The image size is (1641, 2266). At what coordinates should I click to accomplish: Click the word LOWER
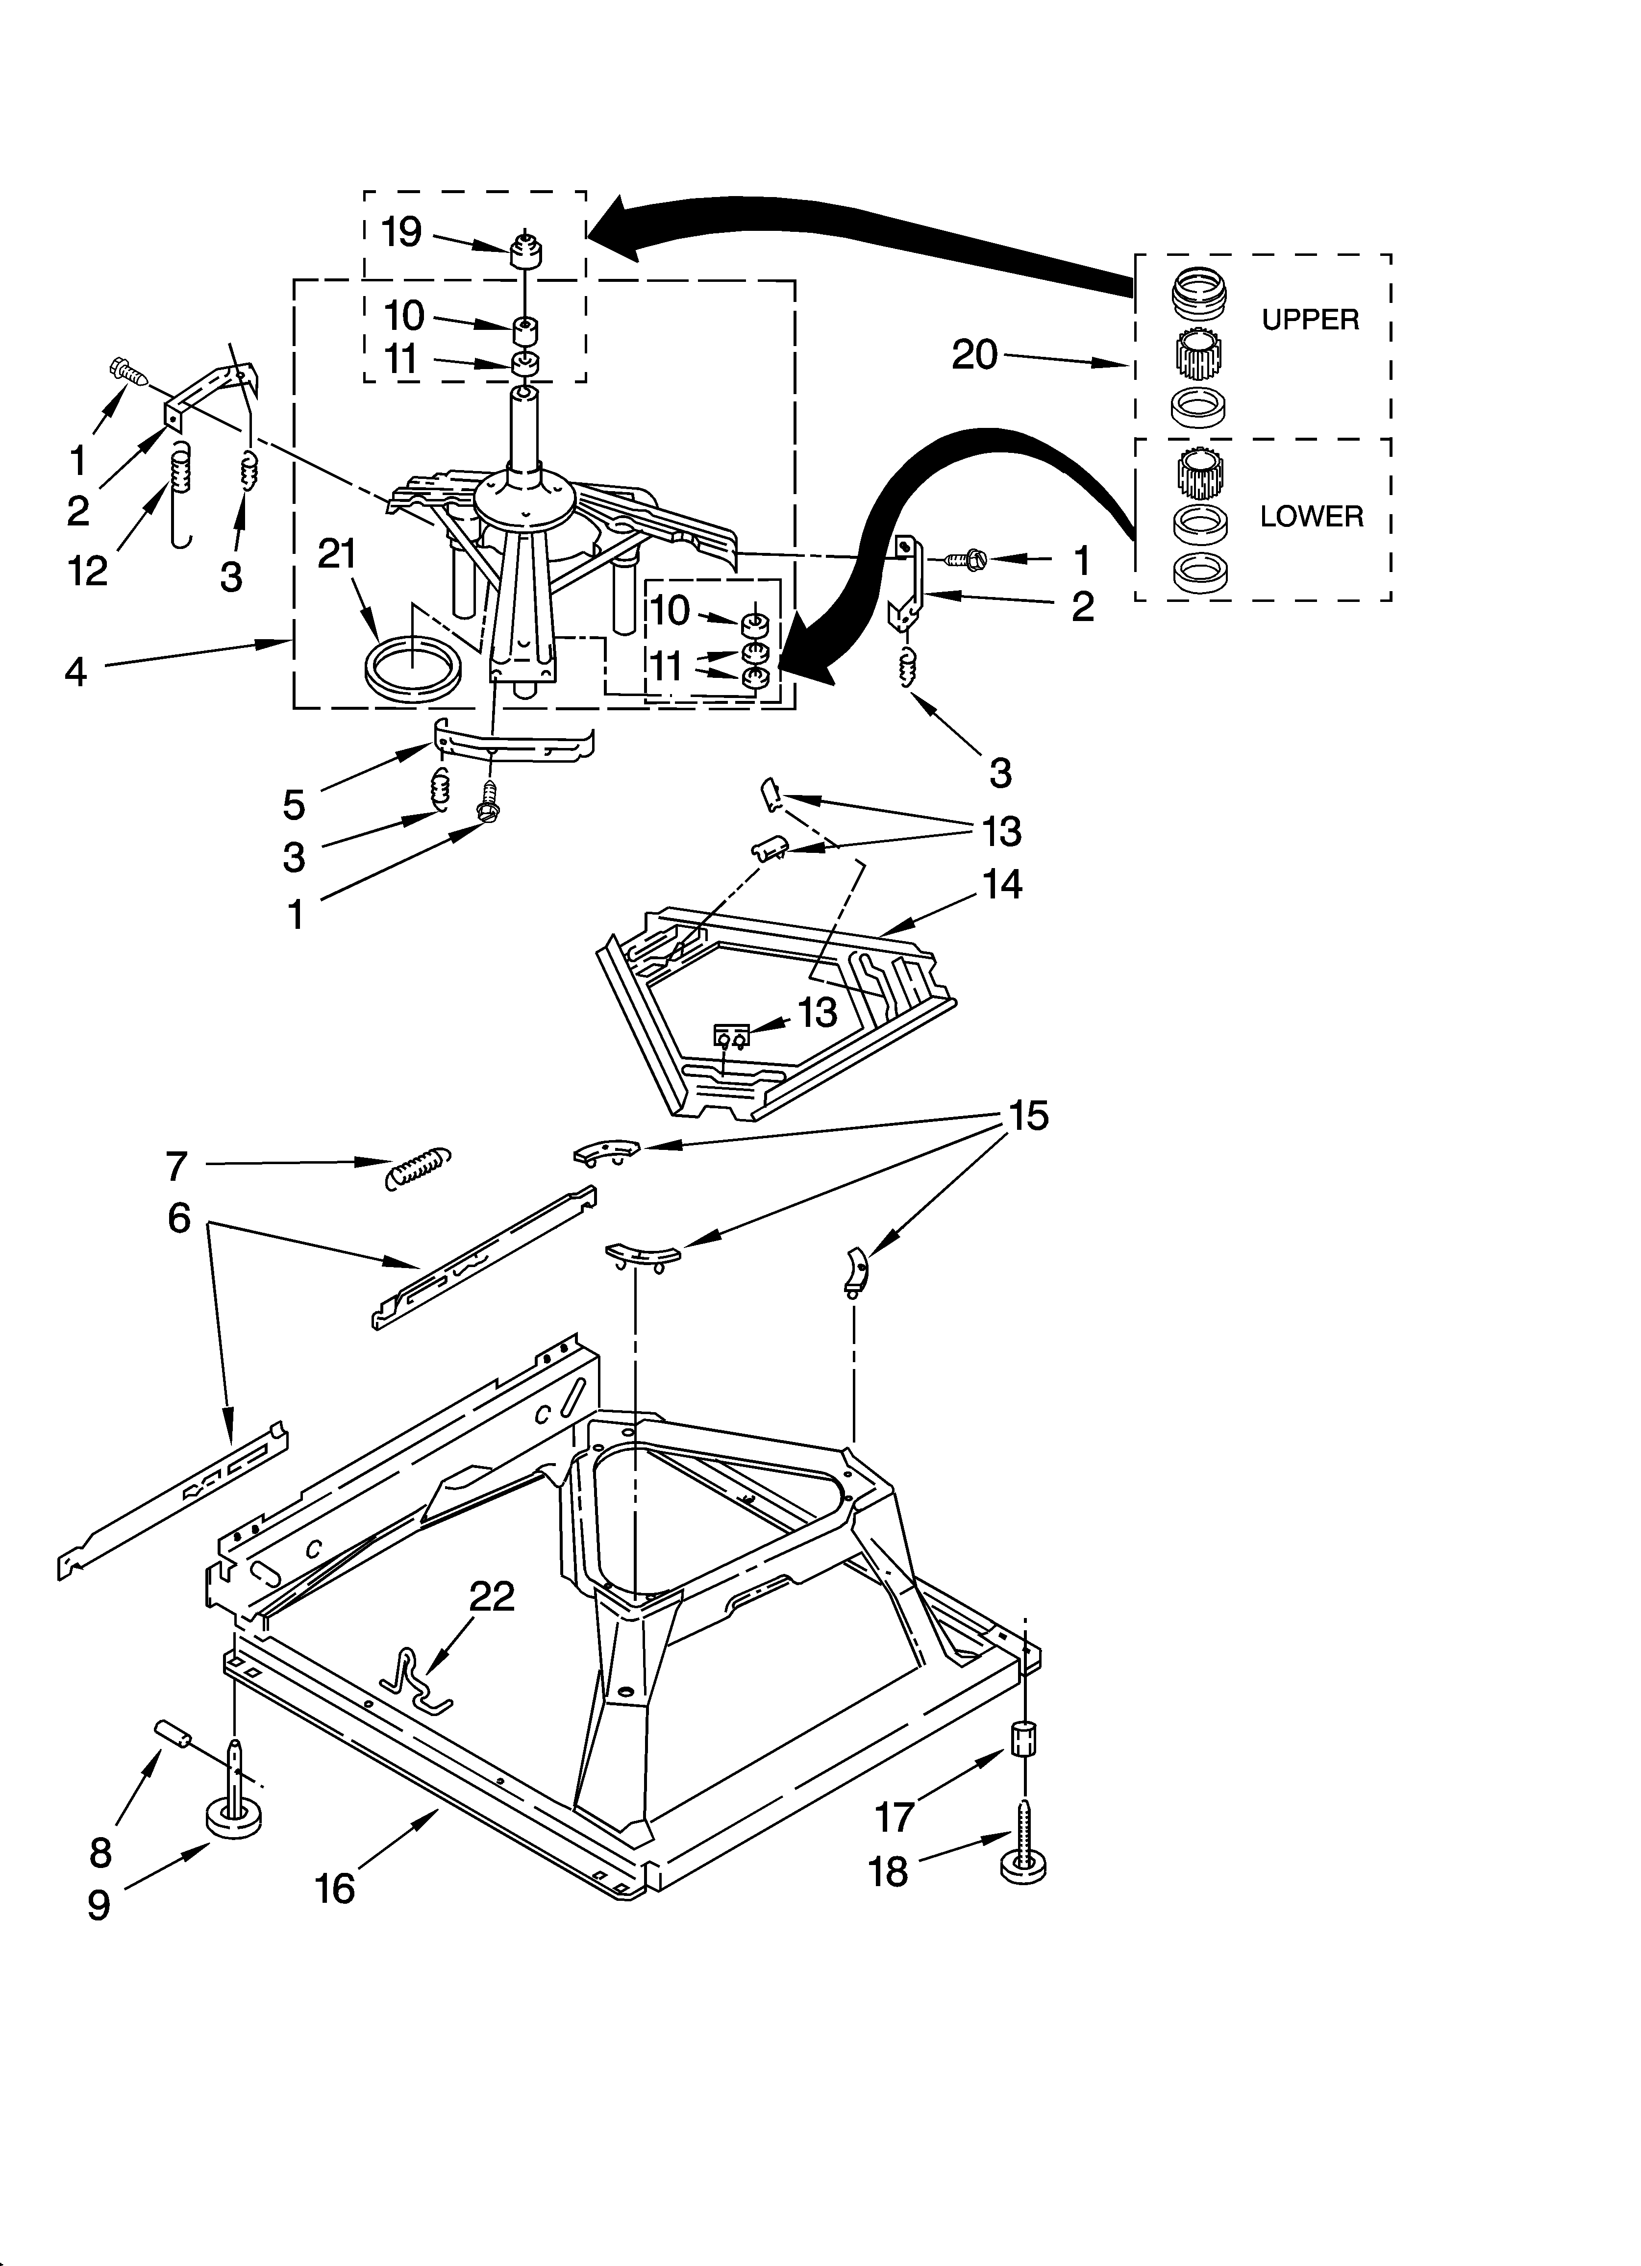click(x=1311, y=517)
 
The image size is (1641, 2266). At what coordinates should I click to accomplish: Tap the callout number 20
click(x=974, y=355)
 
